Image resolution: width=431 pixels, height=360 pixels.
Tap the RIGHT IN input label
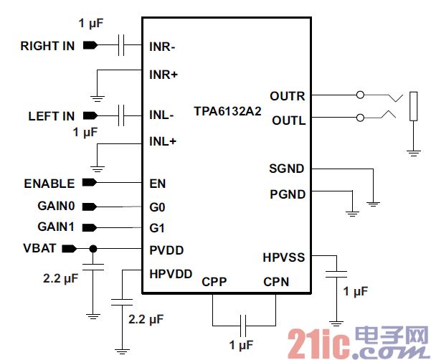click(x=47, y=46)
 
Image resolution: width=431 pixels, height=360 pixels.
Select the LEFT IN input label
click(x=52, y=115)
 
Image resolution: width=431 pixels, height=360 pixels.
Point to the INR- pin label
click(x=163, y=47)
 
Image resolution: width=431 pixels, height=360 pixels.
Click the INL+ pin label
click(x=163, y=141)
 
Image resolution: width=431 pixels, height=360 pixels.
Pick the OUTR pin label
click(x=287, y=96)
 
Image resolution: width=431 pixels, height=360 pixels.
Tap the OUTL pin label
click(x=288, y=120)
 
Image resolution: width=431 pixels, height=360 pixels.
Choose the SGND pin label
click(x=287, y=169)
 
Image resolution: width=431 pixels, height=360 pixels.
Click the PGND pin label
click(x=287, y=194)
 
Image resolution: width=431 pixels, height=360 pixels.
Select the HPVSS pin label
click(x=284, y=256)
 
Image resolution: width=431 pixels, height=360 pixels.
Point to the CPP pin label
click(x=214, y=282)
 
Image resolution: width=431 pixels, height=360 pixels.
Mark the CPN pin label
click(x=276, y=282)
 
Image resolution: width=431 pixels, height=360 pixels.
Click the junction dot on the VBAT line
click(x=93, y=249)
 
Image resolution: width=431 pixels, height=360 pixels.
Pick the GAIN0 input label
click(x=56, y=207)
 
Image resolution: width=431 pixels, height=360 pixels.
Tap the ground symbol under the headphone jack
click(x=413, y=151)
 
